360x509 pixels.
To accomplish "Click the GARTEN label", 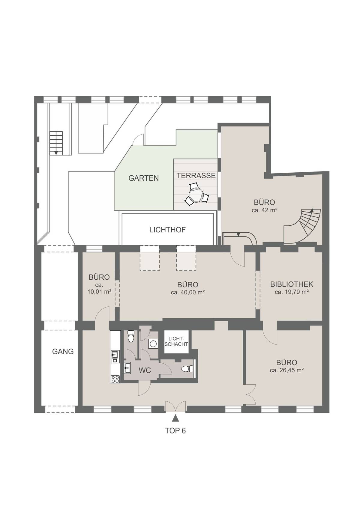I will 143,178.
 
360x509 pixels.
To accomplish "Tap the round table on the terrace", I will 196,194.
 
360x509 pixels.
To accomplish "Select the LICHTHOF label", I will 167,230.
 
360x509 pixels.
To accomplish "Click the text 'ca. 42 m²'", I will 264,210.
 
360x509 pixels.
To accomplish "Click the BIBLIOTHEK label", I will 292,284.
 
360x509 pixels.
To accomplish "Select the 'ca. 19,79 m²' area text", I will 292,292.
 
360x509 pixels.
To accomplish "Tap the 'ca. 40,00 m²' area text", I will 187,292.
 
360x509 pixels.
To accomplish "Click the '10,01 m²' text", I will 99,291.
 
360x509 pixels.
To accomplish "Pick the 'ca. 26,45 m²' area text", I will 286,370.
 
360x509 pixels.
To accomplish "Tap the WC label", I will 145,371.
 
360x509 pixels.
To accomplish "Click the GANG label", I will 63,351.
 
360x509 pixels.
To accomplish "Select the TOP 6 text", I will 175,431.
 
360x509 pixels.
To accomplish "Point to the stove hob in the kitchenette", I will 115,379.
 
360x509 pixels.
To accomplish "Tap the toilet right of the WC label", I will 186,369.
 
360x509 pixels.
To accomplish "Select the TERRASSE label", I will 196,176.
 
